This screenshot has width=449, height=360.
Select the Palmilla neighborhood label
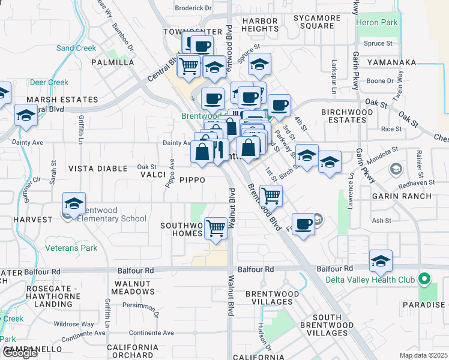tap(113, 62)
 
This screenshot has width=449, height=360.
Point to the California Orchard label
tap(132, 352)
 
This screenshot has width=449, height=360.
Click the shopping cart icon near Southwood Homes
tap(215, 228)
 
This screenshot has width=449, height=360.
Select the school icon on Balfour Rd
tap(381, 261)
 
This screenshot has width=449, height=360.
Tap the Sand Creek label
tap(76, 48)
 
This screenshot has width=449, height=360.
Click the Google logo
tap(20, 353)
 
